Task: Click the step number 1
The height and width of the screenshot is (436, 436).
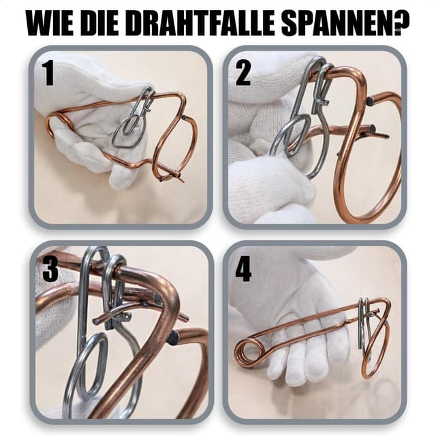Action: (x=48, y=73)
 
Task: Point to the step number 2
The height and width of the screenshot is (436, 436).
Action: (x=243, y=73)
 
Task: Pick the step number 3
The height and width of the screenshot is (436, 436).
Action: (x=50, y=269)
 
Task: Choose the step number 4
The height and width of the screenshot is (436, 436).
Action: (x=243, y=269)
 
